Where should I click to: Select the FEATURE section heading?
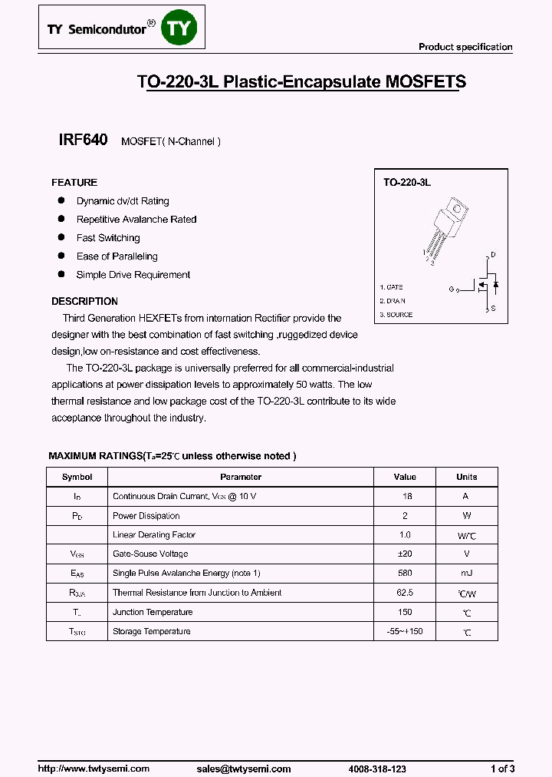coord(74,183)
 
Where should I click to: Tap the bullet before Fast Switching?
coord(61,237)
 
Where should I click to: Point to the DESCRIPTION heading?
coord(84,302)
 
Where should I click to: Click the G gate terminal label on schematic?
coord(452,289)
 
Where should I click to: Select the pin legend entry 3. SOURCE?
coord(396,315)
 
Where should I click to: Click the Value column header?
coord(405,477)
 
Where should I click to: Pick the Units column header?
coord(466,477)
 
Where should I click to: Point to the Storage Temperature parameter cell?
coord(152,631)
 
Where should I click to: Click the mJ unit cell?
coord(466,574)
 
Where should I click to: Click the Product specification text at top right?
coord(465,47)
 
